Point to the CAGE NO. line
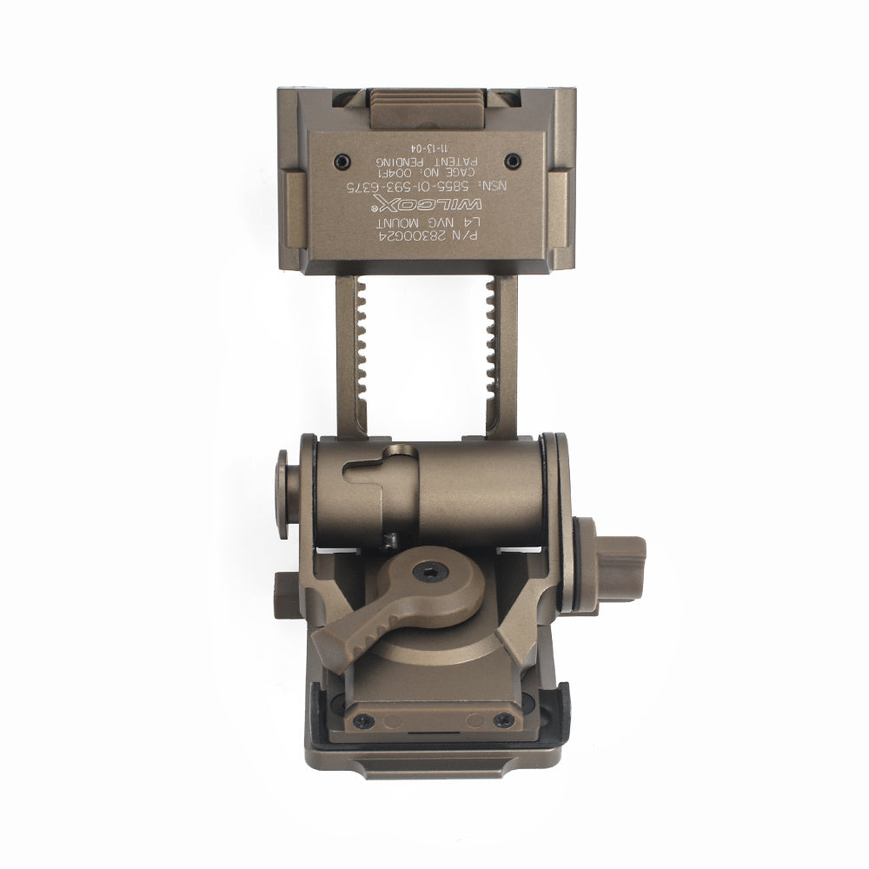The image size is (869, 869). (425, 173)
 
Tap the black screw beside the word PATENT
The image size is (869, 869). (513, 160)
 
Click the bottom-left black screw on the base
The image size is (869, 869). (362, 720)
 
